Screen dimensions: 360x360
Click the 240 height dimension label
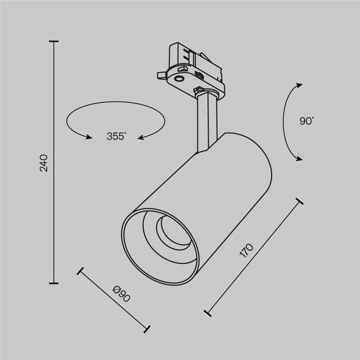[x=44, y=162]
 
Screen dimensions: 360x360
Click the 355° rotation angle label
[x=116, y=136]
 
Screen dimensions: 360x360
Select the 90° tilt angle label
[x=308, y=121]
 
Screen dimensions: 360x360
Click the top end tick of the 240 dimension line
[x=52, y=42]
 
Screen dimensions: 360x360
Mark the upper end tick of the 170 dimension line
[x=298, y=203]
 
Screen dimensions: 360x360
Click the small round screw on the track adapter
[x=179, y=78]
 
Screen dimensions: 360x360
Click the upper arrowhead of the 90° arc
[x=297, y=84]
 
